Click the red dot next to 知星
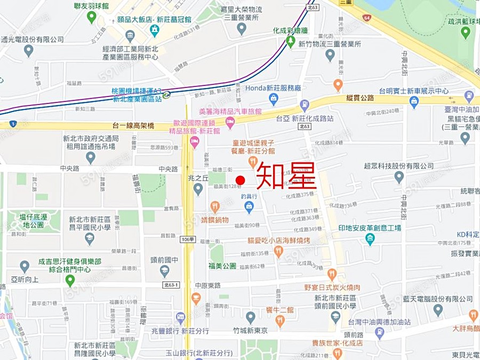click(240, 180)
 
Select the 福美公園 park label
click(222, 266)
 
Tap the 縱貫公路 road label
click(360, 98)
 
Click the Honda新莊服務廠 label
click(273, 88)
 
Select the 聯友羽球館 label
click(91, 6)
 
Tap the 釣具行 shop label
click(249, 196)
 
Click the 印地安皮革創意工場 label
click(370, 228)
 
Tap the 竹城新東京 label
click(250, 331)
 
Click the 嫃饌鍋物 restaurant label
click(214, 220)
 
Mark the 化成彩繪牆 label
click(290, 30)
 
